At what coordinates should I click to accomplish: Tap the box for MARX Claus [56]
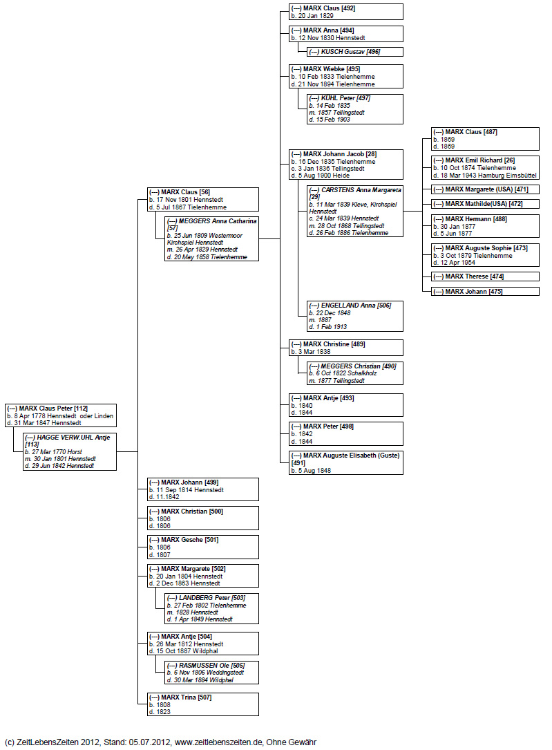(x=203, y=199)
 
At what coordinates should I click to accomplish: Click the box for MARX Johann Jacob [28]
(x=346, y=165)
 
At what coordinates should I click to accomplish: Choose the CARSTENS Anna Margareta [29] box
(x=355, y=211)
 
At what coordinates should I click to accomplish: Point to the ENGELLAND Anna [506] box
(x=355, y=316)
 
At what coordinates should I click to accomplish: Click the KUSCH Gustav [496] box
(x=355, y=52)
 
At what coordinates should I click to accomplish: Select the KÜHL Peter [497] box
(x=355, y=109)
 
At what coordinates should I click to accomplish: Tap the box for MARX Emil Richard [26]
(x=485, y=168)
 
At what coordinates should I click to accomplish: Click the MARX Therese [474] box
(x=485, y=276)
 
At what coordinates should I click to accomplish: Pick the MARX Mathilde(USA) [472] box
(x=485, y=204)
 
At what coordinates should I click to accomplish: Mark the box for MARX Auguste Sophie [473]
(x=485, y=255)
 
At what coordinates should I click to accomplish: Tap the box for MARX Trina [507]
(x=203, y=704)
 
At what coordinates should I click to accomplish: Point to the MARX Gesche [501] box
(x=203, y=547)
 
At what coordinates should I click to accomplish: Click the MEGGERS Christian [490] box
(x=355, y=373)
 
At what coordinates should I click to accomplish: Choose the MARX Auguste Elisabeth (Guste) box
(x=346, y=462)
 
